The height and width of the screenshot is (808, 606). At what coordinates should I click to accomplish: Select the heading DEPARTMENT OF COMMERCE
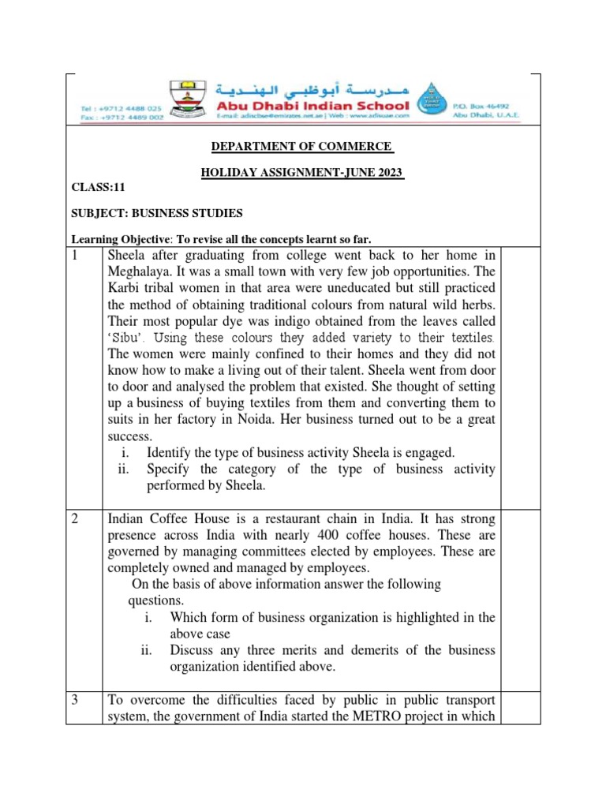pyautogui.click(x=298, y=147)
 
